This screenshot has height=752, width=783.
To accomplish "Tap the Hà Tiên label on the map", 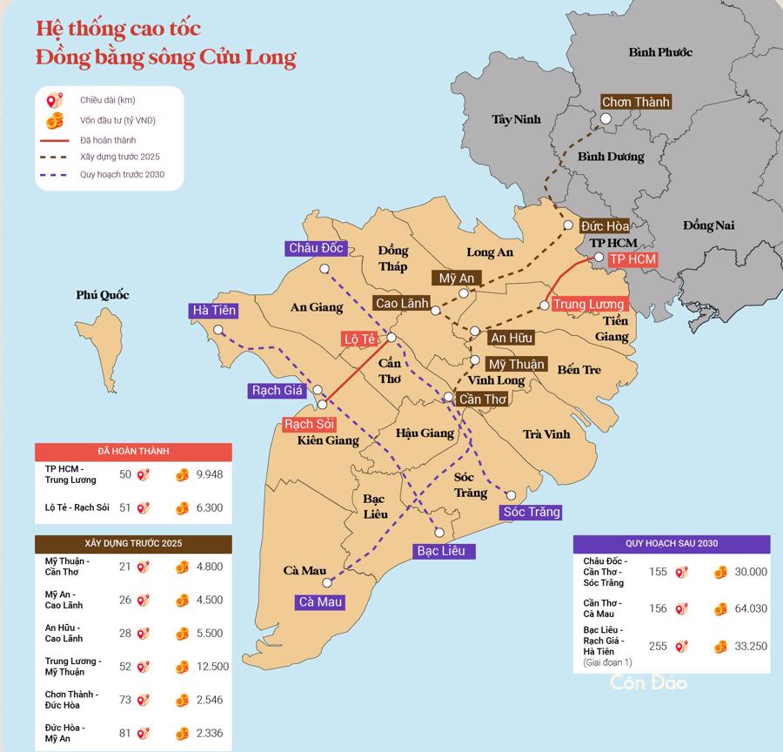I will [x=214, y=310].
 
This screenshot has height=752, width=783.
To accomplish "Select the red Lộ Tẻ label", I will [x=359, y=338].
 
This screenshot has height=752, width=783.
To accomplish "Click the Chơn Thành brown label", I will [x=636, y=102].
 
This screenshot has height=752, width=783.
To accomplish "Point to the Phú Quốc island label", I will [x=102, y=295].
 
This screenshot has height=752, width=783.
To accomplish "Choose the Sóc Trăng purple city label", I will [x=532, y=512].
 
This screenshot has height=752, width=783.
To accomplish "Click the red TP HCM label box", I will [x=632, y=259].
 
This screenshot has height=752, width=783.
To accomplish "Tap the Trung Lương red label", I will [x=589, y=304].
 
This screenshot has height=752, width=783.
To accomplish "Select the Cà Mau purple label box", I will [x=320, y=601].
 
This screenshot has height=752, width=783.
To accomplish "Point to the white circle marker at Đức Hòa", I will [x=568, y=225].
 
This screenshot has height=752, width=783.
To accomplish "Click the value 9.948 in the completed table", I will [x=210, y=474].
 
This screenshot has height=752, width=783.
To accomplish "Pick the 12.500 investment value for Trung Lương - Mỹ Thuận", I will [x=212, y=667].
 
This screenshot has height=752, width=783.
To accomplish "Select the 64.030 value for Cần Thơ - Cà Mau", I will [x=750, y=608].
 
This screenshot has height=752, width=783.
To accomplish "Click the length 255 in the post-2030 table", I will [x=658, y=646].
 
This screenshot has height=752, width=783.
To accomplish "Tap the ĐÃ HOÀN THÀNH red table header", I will [x=133, y=452].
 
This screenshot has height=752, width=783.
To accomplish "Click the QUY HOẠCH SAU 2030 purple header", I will [x=671, y=543].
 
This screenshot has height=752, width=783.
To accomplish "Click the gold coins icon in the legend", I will [x=56, y=120].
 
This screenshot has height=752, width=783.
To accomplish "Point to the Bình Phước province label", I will [x=660, y=52].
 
